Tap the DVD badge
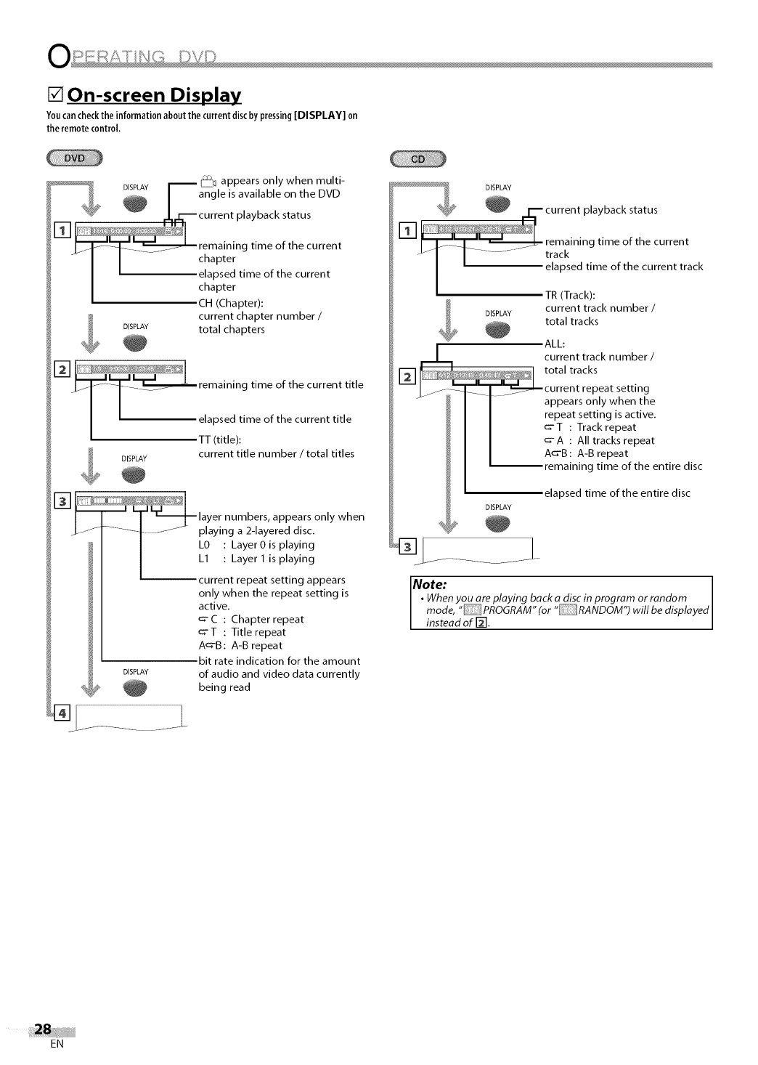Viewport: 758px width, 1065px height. click(x=75, y=158)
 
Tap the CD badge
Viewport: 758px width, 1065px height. click(x=419, y=159)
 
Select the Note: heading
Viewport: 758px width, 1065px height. click(x=429, y=585)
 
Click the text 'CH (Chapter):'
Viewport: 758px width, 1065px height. click(x=231, y=303)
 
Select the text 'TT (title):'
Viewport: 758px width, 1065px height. click(x=220, y=440)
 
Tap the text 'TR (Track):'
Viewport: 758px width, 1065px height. click(x=570, y=294)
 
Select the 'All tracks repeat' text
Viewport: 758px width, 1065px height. click(x=616, y=440)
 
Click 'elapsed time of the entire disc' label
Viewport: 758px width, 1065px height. click(x=617, y=493)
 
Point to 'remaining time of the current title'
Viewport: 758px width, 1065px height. click(x=280, y=384)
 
